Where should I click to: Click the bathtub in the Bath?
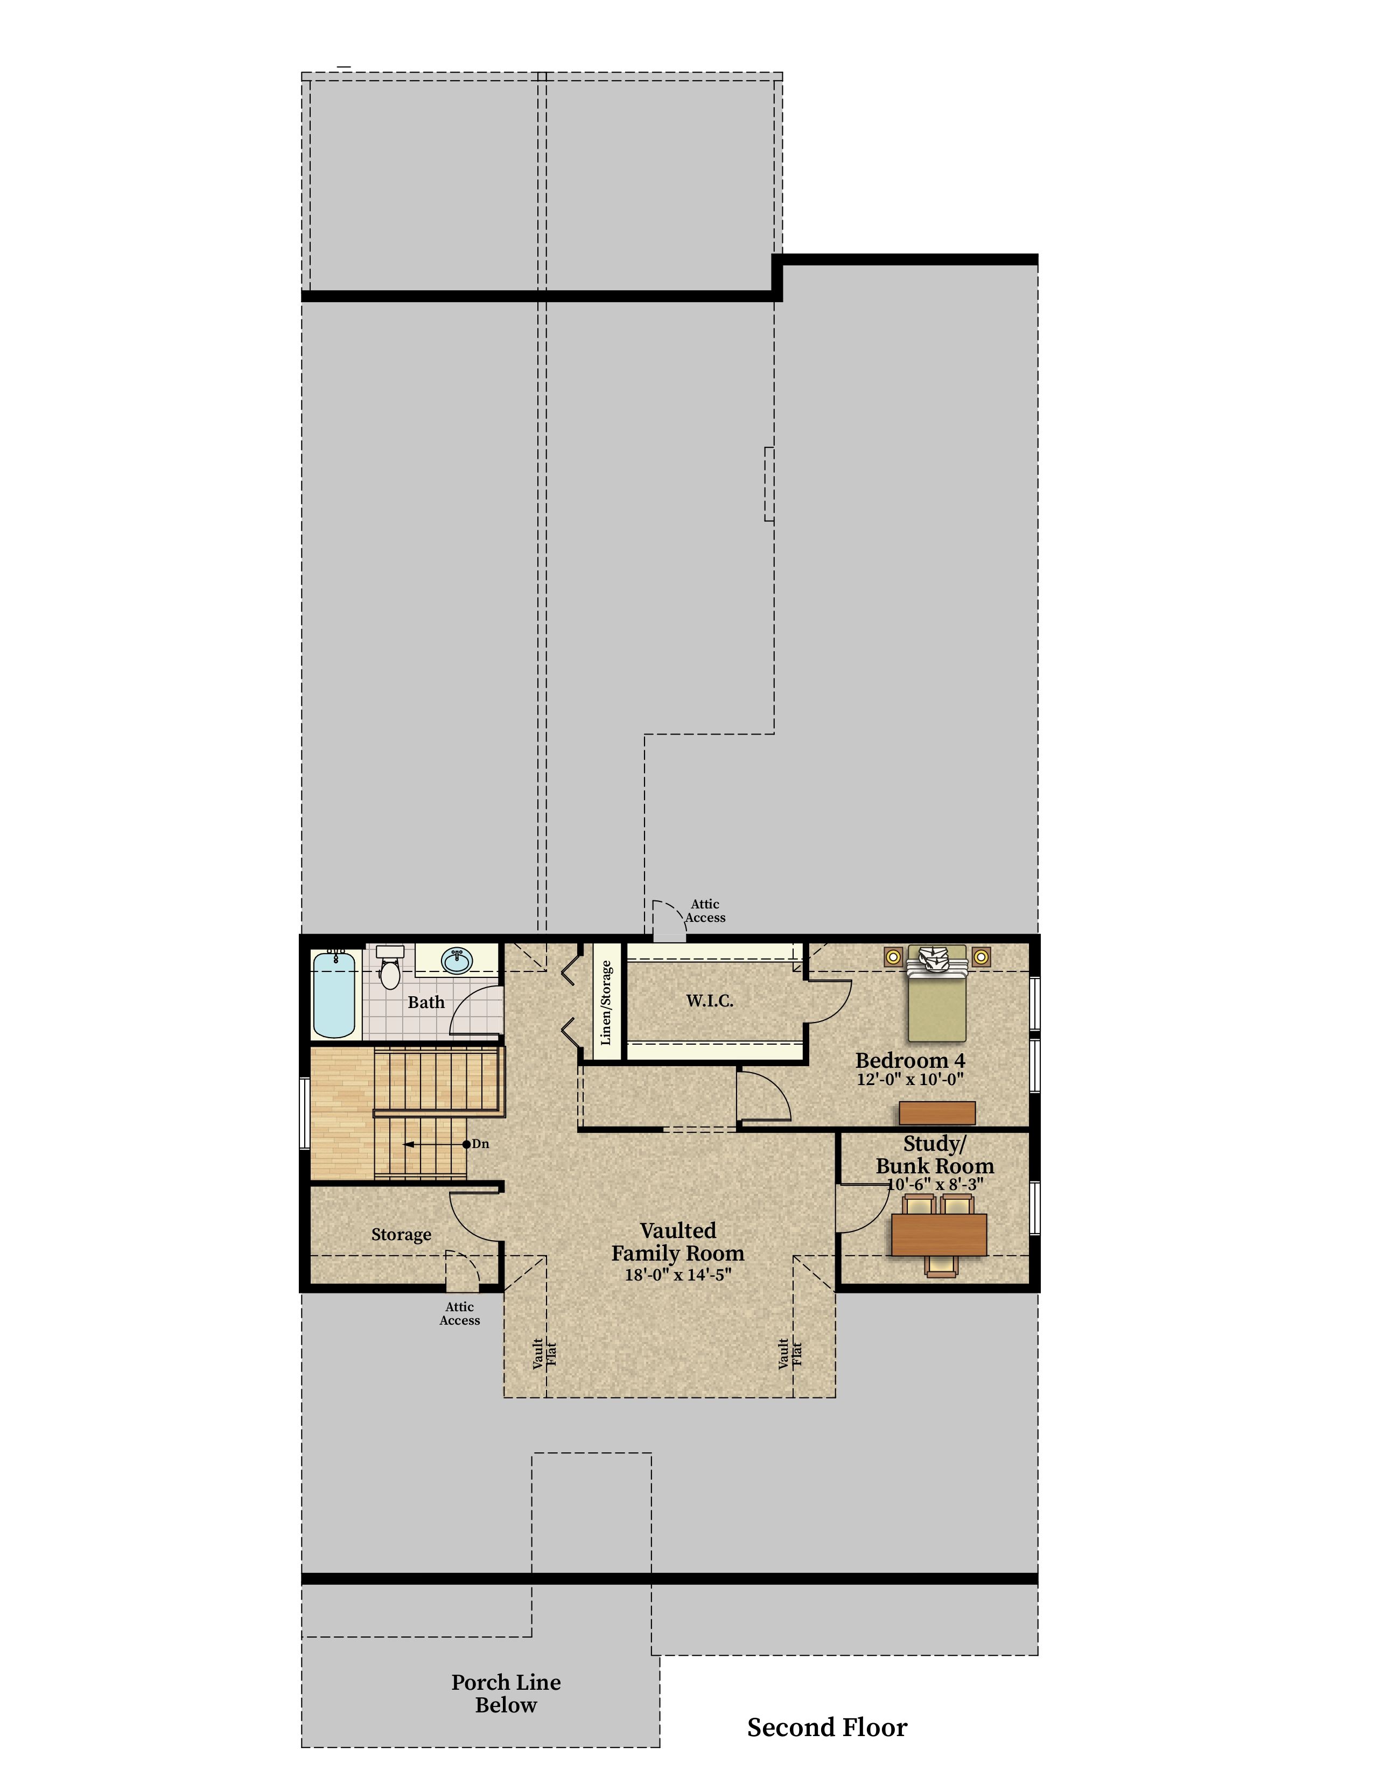coord(333,994)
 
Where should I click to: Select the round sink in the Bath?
coord(457,961)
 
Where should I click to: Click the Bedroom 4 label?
coord(910,1060)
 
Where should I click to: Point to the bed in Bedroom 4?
coord(937,994)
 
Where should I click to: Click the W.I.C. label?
coord(709,1001)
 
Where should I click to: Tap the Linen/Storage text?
coord(605,1003)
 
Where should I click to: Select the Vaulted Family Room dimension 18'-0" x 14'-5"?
coord(677,1274)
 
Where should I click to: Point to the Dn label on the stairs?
coord(480,1144)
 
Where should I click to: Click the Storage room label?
coord(401,1234)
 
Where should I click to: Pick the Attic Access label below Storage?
coord(460,1313)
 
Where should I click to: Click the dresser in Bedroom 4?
coord(937,1113)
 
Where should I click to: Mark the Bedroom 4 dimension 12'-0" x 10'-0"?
coord(910,1080)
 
